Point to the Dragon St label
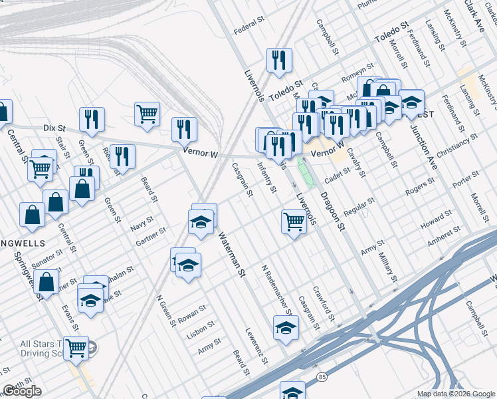click(333, 211)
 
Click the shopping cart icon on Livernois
click(294, 221)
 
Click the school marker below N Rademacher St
click(286, 327)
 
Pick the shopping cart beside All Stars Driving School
click(76, 346)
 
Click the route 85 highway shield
click(322, 377)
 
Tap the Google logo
click(23, 391)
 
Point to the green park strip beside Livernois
click(305, 172)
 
